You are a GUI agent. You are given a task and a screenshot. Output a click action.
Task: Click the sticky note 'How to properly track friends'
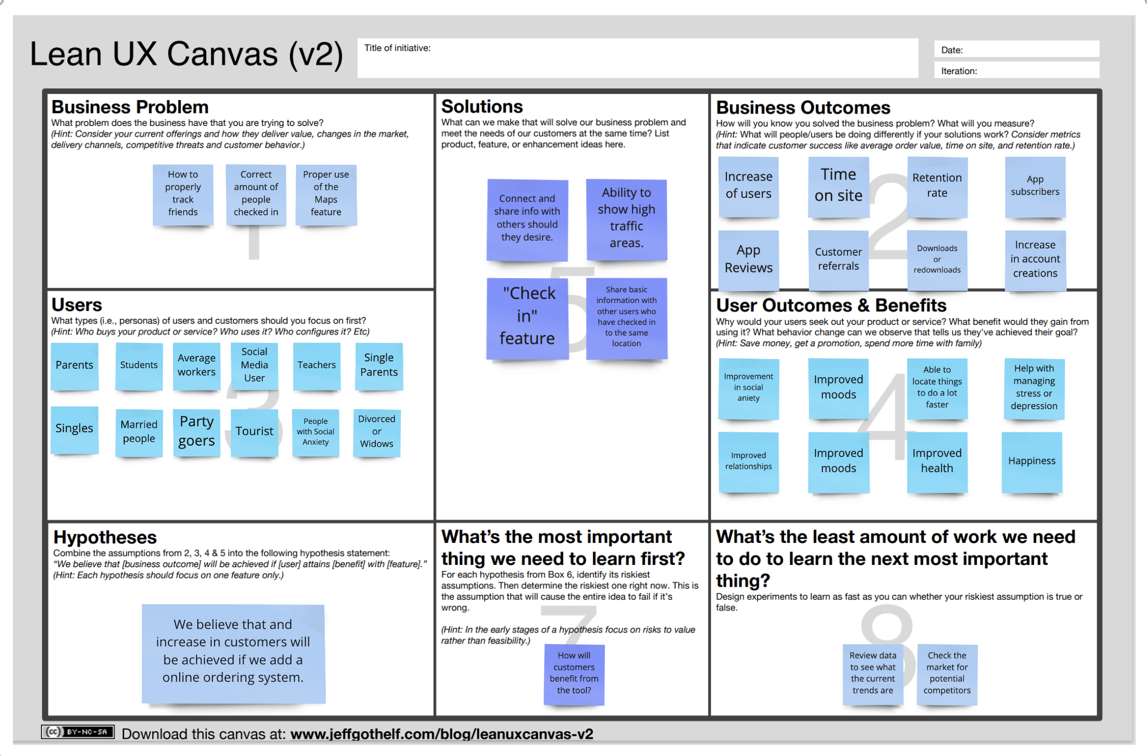point(183,194)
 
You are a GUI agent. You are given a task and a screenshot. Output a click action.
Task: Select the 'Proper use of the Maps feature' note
point(326,194)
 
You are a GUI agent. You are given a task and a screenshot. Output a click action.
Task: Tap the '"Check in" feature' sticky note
point(527,318)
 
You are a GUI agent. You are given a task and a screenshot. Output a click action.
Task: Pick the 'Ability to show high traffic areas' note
point(626,219)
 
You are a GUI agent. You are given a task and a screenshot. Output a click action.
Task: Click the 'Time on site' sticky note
point(838,186)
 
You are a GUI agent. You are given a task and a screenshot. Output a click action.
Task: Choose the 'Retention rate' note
point(937,186)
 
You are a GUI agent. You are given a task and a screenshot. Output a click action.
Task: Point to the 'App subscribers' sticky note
point(1035,186)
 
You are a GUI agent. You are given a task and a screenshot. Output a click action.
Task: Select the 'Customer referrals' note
point(838,259)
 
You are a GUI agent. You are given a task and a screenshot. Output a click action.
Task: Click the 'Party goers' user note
point(197,432)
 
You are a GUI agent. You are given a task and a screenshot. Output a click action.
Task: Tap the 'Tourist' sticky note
point(254,432)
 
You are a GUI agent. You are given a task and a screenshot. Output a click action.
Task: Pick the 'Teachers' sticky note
point(317,365)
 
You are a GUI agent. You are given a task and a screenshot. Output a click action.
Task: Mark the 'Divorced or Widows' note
point(376,432)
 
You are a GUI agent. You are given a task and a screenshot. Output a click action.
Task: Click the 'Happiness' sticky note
point(1032,461)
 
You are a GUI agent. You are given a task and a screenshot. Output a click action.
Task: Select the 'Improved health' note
point(937,461)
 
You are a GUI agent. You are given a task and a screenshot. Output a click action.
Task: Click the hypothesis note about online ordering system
point(233,652)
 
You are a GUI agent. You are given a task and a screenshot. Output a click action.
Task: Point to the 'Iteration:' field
point(1017,71)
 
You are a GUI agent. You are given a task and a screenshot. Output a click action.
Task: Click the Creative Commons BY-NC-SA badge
point(78,732)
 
